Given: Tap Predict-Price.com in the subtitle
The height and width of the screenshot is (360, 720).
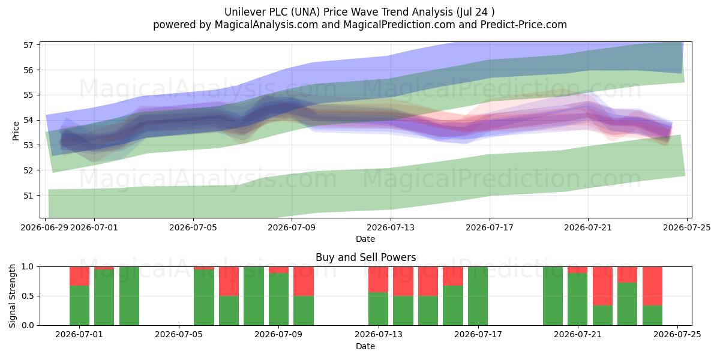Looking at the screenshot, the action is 524,25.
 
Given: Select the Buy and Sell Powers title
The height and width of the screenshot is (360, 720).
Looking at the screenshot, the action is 366,257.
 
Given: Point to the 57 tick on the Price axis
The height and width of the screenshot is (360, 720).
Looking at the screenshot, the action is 28,45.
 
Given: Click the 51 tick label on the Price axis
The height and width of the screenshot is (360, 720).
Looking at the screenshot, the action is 28,196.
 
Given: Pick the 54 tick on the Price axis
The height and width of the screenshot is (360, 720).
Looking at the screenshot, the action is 28,120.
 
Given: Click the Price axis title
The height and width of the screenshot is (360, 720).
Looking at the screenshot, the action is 16,131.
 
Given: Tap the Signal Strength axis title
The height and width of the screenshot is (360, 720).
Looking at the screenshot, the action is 12,296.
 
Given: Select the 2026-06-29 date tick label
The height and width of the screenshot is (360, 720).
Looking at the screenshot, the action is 44,227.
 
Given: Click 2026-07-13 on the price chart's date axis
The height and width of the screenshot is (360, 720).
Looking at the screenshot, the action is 391,227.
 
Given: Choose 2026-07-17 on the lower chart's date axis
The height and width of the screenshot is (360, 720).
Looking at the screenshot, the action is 478,334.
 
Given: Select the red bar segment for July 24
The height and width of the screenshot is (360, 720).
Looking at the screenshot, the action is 653,286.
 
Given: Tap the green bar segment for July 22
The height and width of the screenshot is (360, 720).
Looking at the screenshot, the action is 602,316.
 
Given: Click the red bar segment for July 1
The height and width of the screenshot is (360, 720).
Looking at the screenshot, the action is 79,276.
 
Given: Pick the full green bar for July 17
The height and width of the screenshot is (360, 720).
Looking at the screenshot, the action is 478,296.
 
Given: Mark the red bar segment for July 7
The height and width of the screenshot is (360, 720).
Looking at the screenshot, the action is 229,281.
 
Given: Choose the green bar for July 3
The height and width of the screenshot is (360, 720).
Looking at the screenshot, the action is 129,296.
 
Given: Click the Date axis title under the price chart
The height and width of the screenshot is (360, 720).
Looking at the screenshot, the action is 365,239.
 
